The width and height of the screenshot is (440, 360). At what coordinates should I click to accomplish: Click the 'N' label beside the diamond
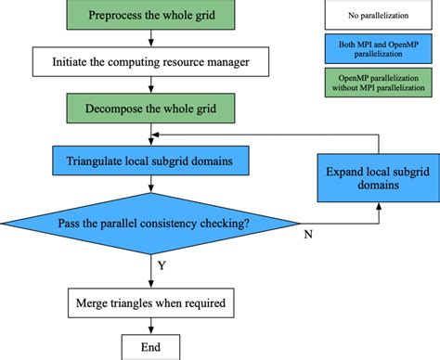[x=307, y=234]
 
